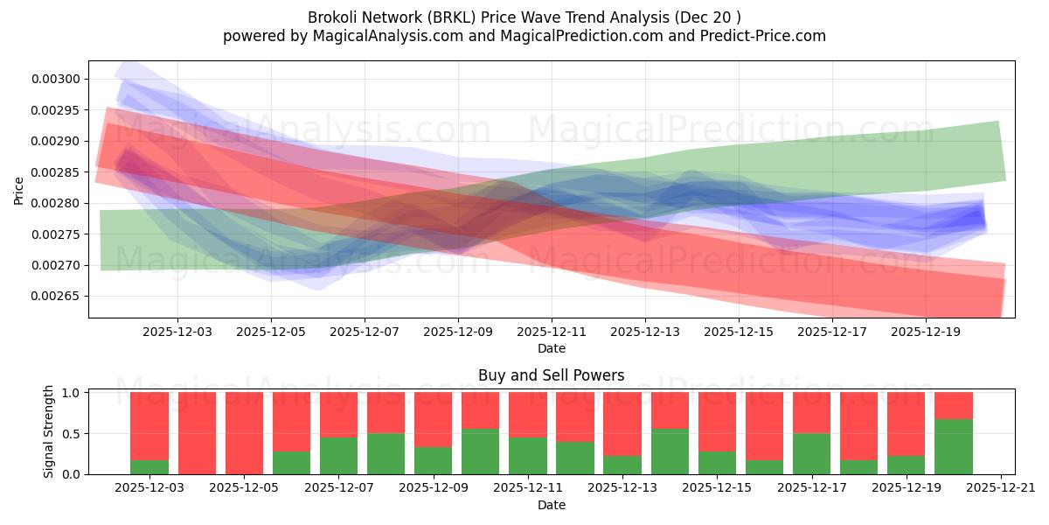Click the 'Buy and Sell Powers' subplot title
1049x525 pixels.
coord(551,375)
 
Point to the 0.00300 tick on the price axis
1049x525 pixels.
coord(56,80)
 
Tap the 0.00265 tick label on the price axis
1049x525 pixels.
coord(56,297)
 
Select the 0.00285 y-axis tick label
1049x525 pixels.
coord(56,172)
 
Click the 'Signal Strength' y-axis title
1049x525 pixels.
coord(49,431)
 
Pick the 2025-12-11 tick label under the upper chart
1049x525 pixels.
coord(552,332)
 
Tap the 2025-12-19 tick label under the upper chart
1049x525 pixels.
coord(926,332)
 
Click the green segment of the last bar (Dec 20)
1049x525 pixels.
coord(953,447)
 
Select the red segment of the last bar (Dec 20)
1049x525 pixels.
coord(953,406)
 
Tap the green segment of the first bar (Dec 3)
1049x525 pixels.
coord(149,467)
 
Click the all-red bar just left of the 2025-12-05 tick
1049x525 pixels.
coord(197,433)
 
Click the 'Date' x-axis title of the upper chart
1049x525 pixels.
coord(551,348)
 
